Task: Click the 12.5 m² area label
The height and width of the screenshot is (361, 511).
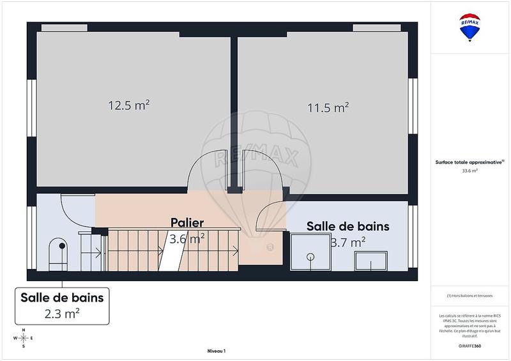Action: click(x=128, y=105)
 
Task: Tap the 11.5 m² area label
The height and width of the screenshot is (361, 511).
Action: click(x=328, y=107)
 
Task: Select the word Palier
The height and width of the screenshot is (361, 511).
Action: click(x=187, y=223)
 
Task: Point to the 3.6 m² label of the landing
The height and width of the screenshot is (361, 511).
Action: click(x=187, y=239)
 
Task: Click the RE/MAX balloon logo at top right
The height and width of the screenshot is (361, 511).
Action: click(x=470, y=27)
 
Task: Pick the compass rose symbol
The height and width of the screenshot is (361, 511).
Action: click(x=23, y=338)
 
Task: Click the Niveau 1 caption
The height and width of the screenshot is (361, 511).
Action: click(x=217, y=351)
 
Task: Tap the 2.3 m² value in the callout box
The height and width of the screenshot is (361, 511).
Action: click(x=62, y=313)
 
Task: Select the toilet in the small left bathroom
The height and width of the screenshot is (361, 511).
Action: click(x=57, y=252)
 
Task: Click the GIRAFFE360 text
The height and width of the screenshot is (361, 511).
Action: click(x=469, y=344)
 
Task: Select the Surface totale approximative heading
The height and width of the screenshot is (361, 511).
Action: click(x=469, y=162)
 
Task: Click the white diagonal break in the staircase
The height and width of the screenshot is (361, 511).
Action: click(x=171, y=256)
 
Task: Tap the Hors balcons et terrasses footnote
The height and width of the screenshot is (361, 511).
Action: click(x=470, y=295)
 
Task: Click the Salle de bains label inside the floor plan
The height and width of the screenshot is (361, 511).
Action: click(x=347, y=227)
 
